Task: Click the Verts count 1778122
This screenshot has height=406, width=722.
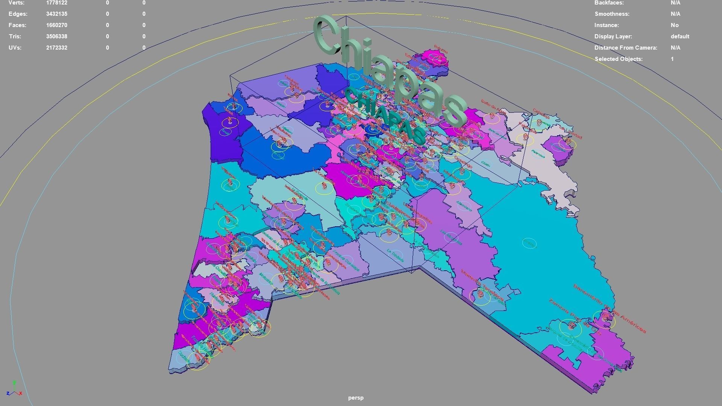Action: click(x=57, y=3)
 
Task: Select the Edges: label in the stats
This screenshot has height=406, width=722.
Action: click(x=18, y=14)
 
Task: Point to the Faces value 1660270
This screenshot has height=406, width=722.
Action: click(x=57, y=25)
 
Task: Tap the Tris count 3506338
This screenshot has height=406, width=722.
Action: click(x=57, y=36)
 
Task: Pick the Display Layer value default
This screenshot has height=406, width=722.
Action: click(x=680, y=36)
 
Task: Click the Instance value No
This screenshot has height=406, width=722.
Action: click(x=675, y=25)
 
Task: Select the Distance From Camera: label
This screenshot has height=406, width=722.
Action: click(x=626, y=48)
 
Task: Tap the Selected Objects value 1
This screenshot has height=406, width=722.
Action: click(x=672, y=59)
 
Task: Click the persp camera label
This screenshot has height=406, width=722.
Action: click(x=356, y=398)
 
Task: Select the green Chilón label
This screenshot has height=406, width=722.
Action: click(x=486, y=164)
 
